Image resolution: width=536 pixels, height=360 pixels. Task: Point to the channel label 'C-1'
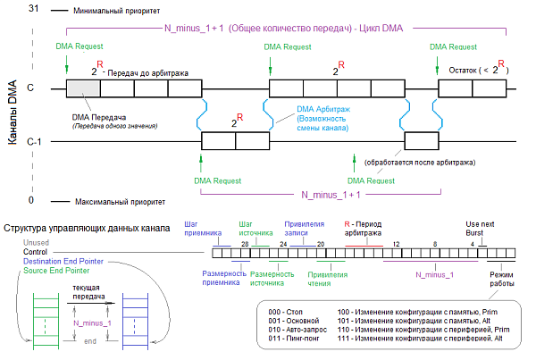point(32,140)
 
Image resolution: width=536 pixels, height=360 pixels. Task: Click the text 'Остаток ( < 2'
point(473,70)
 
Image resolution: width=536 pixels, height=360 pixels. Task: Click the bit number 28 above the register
point(243,243)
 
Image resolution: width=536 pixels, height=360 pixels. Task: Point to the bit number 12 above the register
point(395,243)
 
